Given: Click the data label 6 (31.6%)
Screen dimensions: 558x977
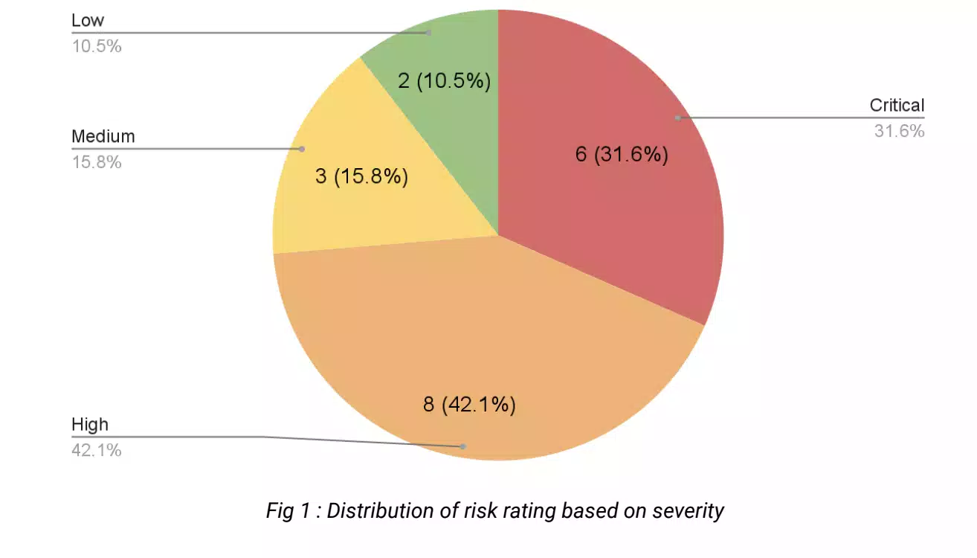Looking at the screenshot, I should click(622, 155).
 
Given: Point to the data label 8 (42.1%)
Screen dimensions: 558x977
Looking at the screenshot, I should click(469, 405).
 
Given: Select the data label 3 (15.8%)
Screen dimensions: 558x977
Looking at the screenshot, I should click(361, 177).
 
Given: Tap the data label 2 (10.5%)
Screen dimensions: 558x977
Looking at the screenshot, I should click(444, 80).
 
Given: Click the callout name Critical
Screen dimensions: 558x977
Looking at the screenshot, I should click(897, 106).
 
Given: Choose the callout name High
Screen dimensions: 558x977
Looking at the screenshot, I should click(90, 425).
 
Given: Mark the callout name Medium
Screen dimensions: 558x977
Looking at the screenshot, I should click(103, 137).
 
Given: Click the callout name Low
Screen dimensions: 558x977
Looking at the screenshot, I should click(88, 21).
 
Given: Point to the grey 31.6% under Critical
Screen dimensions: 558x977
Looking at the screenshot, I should click(899, 132).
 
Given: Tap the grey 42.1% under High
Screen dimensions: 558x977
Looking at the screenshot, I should click(97, 450).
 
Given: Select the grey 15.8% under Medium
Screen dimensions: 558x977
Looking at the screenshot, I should click(97, 162).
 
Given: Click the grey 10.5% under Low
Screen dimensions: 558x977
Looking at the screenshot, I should click(97, 46).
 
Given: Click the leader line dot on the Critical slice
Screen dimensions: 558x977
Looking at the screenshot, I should click(677, 118).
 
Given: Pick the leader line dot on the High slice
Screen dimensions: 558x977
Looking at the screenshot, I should click(462, 446).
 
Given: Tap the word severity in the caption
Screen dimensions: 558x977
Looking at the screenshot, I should click(688, 511).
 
